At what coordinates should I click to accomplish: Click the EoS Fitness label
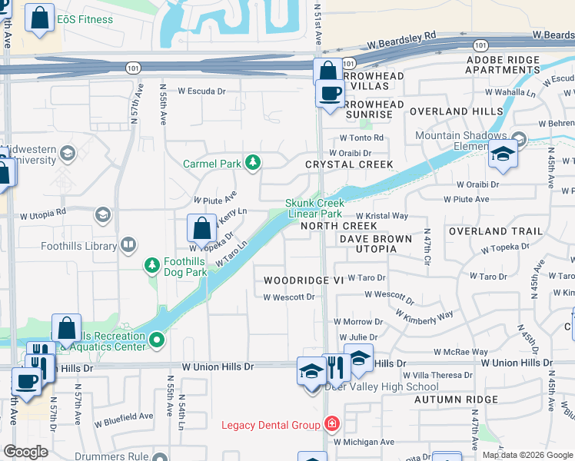[x=85, y=19]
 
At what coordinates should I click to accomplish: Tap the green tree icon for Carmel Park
[x=252, y=163]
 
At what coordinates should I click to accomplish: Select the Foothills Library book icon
[x=129, y=246]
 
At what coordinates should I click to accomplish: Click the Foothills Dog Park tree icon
[x=152, y=266]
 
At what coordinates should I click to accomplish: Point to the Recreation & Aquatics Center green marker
[x=158, y=339]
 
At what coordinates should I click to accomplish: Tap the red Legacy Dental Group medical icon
[x=331, y=424]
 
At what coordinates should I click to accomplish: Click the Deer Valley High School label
[x=381, y=386]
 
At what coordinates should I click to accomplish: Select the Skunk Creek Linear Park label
[x=314, y=208]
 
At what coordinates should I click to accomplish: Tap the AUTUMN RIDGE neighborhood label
[x=456, y=400]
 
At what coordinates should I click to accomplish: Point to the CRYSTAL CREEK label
[x=349, y=164]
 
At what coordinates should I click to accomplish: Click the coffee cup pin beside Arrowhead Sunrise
[x=331, y=93]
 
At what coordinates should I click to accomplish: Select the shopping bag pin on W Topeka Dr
[x=201, y=228]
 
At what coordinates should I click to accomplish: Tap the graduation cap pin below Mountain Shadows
[x=504, y=155]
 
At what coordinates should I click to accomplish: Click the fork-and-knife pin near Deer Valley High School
[x=336, y=368]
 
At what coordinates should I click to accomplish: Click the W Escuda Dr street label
[x=201, y=91]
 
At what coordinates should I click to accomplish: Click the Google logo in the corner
[x=26, y=452]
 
